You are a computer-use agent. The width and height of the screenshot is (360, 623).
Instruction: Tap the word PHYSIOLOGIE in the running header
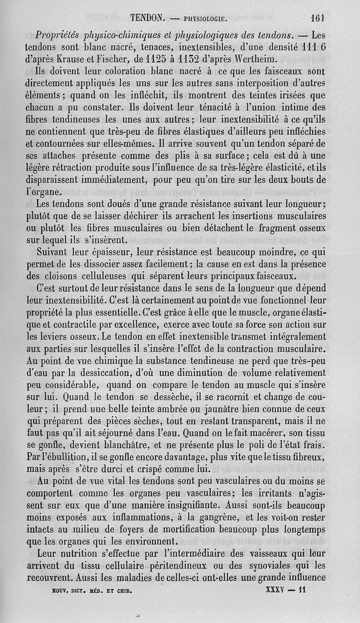pos(204,19)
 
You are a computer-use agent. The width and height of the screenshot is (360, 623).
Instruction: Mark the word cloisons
pos(58,275)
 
